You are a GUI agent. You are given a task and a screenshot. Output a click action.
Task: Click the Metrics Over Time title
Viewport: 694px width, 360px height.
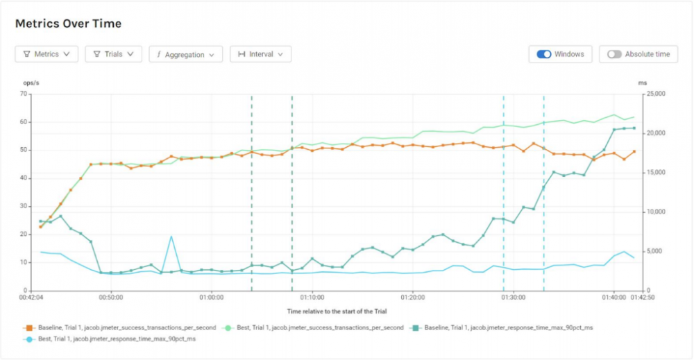(x=68, y=24)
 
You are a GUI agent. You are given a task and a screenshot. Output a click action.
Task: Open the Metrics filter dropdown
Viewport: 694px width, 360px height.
(x=46, y=54)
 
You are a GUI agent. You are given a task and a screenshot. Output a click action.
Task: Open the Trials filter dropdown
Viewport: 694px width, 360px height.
(x=113, y=54)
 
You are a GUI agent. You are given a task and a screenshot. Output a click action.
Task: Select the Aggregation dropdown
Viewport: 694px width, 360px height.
(x=185, y=54)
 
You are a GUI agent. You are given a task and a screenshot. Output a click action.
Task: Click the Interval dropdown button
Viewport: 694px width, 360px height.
(x=260, y=54)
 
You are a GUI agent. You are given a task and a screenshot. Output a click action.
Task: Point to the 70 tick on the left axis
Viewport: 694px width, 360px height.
(x=23, y=94)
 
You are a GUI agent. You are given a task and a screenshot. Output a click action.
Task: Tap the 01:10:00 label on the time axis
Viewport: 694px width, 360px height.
(x=312, y=297)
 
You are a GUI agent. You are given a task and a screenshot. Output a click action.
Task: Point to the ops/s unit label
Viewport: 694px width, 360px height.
(x=31, y=83)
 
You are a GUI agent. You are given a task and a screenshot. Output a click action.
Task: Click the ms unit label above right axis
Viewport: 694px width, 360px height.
(x=642, y=83)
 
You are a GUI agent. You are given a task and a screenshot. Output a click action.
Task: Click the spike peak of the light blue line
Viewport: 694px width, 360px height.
(x=171, y=237)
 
